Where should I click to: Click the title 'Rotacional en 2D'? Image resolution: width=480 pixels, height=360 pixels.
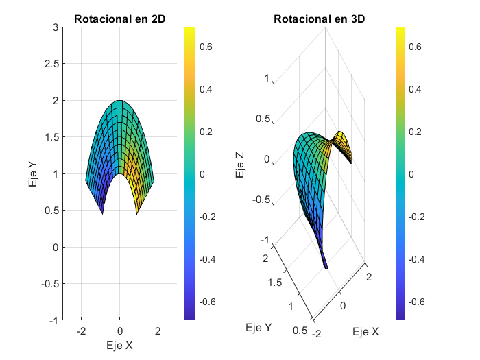click(x=119, y=19)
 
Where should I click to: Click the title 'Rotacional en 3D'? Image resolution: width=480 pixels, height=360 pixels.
click(x=319, y=19)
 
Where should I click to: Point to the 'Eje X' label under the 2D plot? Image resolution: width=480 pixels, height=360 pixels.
click(x=119, y=345)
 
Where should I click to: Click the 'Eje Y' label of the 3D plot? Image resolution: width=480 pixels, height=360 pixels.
click(x=258, y=328)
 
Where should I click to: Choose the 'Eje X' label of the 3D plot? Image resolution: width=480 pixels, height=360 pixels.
click(x=365, y=332)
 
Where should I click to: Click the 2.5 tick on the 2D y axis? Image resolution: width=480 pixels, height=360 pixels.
click(x=51, y=64)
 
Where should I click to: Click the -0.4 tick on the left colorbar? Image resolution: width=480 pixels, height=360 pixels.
click(x=208, y=259)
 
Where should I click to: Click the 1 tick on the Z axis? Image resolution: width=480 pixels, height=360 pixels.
click(x=267, y=79)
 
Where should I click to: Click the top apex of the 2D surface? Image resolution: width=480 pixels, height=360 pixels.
click(x=119, y=101)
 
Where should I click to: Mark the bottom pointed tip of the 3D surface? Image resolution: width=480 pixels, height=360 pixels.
click(x=326, y=267)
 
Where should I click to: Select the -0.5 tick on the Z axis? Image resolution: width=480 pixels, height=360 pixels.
click(x=261, y=201)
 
